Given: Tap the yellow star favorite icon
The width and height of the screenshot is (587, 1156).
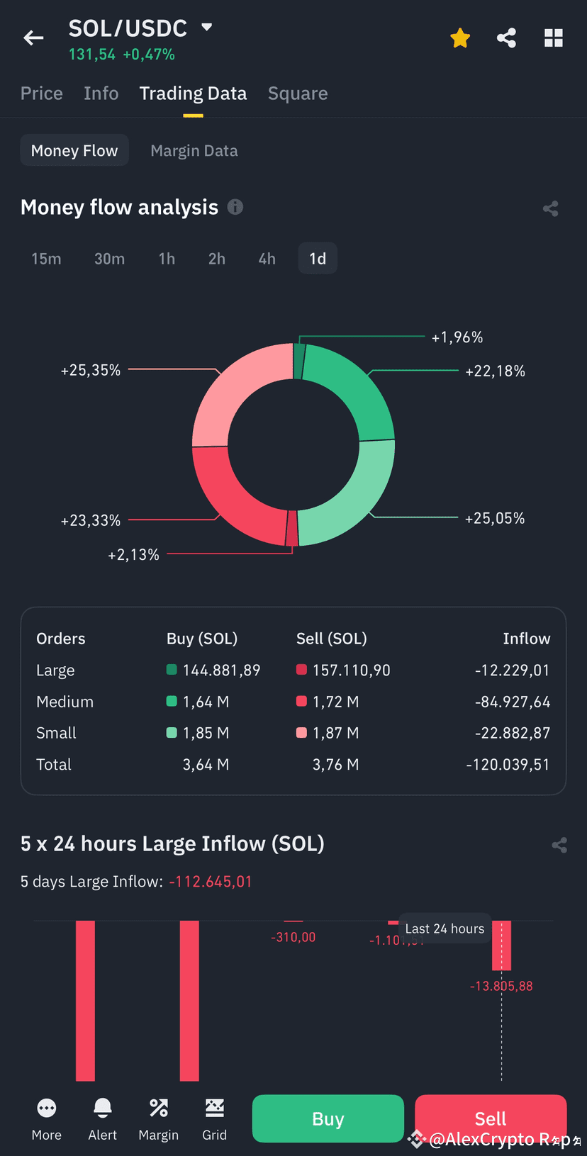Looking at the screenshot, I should tap(460, 38).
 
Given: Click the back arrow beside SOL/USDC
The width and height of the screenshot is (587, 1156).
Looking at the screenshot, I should tap(33, 38).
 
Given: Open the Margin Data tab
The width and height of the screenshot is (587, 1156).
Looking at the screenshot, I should tap(194, 150).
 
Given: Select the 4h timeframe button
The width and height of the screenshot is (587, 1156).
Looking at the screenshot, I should tap(267, 259).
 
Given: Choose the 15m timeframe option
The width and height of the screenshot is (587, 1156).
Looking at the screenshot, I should tap(46, 259).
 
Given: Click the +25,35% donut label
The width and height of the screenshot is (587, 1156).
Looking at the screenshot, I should tap(91, 370).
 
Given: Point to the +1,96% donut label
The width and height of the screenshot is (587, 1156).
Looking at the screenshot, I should tap(457, 337).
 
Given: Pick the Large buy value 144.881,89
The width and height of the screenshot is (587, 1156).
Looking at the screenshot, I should tap(221, 670).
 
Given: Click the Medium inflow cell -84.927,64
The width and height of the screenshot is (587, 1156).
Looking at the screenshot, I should tap(512, 702).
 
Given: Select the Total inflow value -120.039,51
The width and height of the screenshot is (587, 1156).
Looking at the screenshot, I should tap(508, 764).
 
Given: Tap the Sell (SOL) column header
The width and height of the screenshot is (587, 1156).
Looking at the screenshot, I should tap(331, 639).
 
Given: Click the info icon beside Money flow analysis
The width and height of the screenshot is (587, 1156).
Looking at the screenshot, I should tap(235, 207).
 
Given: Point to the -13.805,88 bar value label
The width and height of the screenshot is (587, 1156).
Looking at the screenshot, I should tap(501, 986).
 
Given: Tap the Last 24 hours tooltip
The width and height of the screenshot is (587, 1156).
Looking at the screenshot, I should tap(445, 928).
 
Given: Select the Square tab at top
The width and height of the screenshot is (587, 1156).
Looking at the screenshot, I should tap(298, 94).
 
